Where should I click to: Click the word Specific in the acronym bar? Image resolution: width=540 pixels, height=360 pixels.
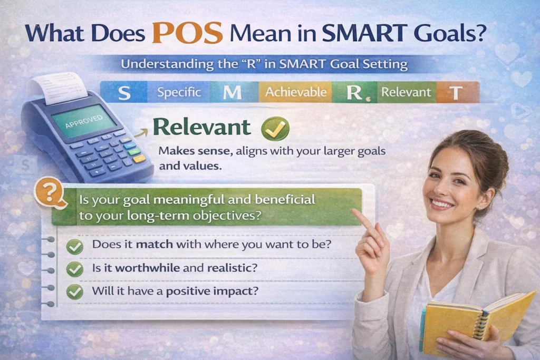[179, 93]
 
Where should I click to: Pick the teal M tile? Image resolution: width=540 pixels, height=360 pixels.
[232, 93]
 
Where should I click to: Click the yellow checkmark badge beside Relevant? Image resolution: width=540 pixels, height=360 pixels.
[276, 129]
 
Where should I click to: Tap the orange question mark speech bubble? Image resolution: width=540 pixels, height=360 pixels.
[49, 193]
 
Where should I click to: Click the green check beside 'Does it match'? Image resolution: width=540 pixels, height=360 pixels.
[75, 246]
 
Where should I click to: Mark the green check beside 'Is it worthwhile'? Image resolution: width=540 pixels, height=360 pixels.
[75, 269]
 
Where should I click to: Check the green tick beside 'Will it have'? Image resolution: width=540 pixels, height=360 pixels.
[75, 291]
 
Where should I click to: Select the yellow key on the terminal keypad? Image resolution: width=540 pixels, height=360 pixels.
[139, 158]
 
